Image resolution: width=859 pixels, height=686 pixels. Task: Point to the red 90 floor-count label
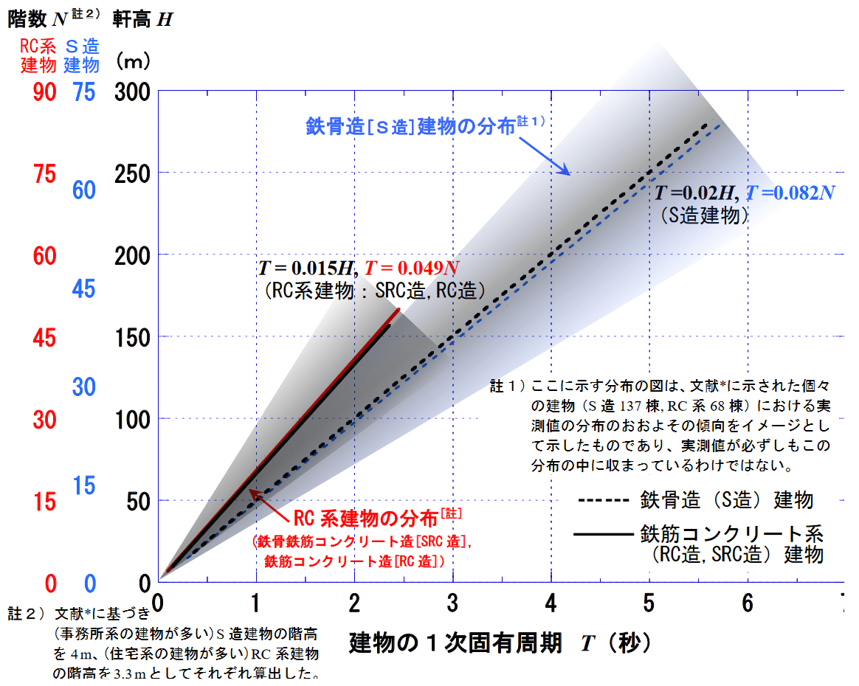click(x=44, y=91)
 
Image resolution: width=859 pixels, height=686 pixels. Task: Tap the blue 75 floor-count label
click(x=83, y=91)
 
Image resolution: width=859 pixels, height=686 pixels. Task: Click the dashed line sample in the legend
click(x=605, y=501)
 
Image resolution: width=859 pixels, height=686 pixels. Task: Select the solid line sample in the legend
click(x=605, y=533)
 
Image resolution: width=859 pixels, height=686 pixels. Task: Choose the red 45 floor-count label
click(x=44, y=337)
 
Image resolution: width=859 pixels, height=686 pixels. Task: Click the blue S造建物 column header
click(x=81, y=55)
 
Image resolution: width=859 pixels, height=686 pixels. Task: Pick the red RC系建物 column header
click(x=38, y=55)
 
